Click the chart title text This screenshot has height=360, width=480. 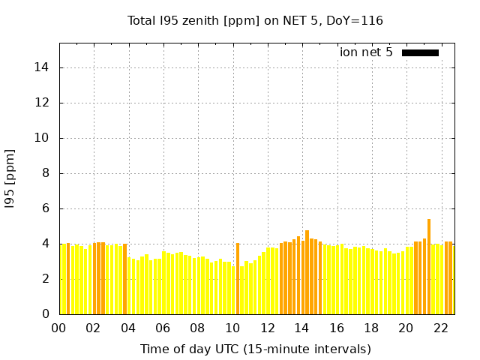pos(255,20)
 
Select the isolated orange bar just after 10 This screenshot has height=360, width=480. pos(238,277)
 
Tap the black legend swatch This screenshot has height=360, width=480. pos(420,52)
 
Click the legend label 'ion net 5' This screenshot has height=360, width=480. pos(366,52)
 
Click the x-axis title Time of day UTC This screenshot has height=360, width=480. pos(255,349)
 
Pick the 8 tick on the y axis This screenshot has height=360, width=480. pos(45,173)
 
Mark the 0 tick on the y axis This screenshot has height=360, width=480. pos(45,314)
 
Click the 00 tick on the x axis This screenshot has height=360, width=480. pos(59,328)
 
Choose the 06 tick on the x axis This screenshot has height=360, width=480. pos(163,328)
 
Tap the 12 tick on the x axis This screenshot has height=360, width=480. pos(268,328)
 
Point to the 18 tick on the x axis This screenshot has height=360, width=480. pos(371,328)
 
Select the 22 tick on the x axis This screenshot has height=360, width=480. pos(441,328)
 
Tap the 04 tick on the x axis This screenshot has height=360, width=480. pos(128,328)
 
